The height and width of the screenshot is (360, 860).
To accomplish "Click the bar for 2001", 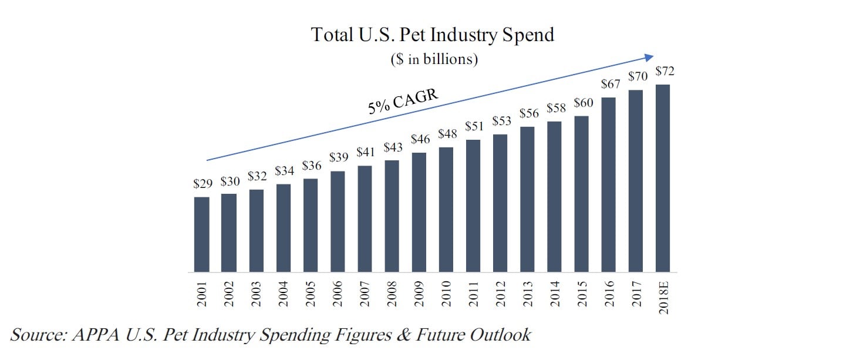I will point(201,234).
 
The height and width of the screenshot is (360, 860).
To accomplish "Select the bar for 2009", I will point(419,212).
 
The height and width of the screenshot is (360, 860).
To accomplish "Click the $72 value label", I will point(665,71).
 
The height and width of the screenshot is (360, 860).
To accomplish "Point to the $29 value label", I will point(203,184).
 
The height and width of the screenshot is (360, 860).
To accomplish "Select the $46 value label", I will point(420,140).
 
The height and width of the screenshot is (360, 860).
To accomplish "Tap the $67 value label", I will point(611,84).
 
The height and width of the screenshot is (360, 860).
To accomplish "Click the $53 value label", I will point(502,121).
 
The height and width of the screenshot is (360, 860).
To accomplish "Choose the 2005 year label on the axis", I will point(311,293).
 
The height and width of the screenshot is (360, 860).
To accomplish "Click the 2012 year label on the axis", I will point(501,293).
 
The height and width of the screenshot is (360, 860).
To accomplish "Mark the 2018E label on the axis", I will point(664,296).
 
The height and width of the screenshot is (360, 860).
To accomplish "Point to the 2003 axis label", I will point(256,293).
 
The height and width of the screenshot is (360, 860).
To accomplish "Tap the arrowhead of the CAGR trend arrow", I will point(649,56).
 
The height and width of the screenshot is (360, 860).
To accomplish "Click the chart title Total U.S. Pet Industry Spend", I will point(432,35).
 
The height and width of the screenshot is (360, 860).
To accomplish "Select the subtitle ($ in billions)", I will point(433,60).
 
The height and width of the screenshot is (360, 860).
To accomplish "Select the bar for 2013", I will point(528,199).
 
